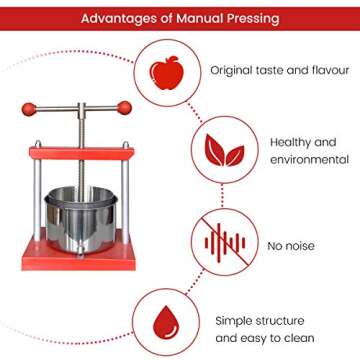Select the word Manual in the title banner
click(x=200, y=19)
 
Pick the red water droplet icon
click(x=164, y=322)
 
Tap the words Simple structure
click(x=259, y=320)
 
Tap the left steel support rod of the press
click(x=37, y=200)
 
